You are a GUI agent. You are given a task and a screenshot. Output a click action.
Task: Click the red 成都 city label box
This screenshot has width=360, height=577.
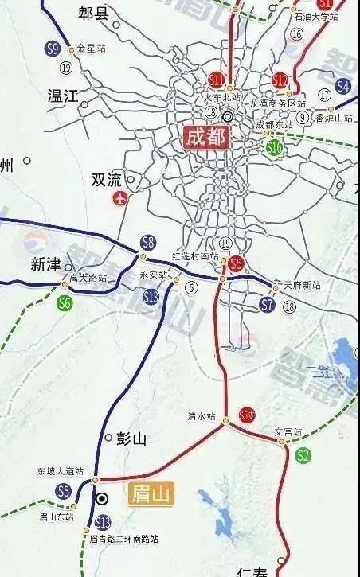pos(205,137)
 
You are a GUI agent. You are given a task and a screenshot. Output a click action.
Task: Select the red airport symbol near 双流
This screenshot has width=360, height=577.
pos(120,197)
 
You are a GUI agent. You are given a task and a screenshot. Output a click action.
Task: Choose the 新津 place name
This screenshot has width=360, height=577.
pos(45,264)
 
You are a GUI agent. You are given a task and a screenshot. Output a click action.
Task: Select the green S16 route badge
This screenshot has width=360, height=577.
pos(275,146)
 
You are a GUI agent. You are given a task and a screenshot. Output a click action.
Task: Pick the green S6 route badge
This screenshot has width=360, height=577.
pos(64,302)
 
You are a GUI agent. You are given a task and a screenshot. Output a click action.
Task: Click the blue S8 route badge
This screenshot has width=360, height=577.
pos(148,242)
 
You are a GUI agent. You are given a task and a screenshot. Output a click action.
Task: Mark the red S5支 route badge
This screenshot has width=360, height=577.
pos(247,417)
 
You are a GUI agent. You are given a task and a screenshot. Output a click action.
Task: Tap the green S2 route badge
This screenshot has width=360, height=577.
pos(303,455)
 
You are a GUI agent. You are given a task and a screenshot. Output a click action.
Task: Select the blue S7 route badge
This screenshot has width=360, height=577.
pos(268,304)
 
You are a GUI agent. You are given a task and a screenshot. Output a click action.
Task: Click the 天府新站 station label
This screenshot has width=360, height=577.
pos(302,285)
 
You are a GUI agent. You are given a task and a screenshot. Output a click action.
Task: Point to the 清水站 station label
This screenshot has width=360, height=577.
pos(202,416)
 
